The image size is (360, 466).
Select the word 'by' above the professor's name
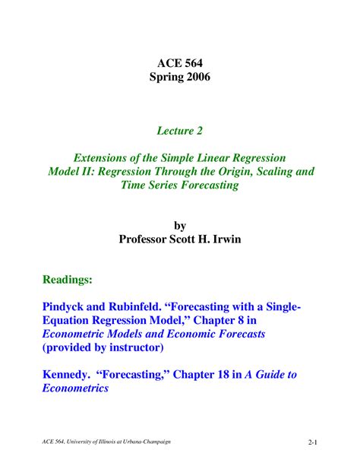pyautogui.click(x=179, y=226)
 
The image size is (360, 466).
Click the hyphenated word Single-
pyautogui.click(x=278, y=306)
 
